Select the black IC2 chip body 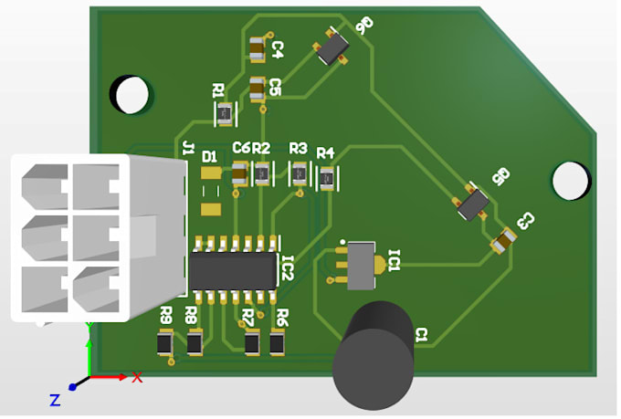(x=233, y=270)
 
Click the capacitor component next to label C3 (x=502, y=240)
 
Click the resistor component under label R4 (x=325, y=179)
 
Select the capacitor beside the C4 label (x=258, y=48)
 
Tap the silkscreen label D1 (x=209, y=155)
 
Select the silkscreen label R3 (x=298, y=148)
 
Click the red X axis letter (x=137, y=376)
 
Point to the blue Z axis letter (x=55, y=399)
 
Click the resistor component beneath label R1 (x=224, y=114)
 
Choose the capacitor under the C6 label (x=240, y=172)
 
